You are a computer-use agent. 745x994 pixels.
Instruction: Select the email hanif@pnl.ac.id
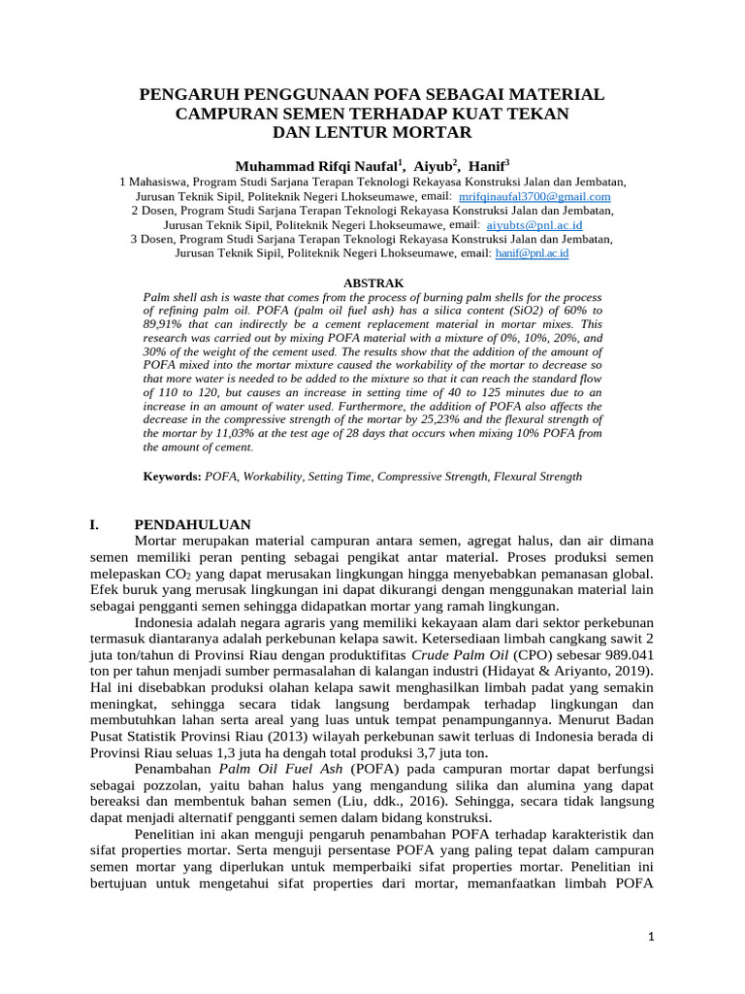tap(532, 252)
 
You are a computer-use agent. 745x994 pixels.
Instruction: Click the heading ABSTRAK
tap(372, 282)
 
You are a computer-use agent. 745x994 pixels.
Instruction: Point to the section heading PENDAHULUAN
tap(192, 524)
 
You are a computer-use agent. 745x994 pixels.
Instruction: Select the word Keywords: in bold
tap(172, 477)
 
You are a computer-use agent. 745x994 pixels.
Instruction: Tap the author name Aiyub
tap(434, 166)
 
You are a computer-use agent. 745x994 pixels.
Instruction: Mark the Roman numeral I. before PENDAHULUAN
tap(94, 524)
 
